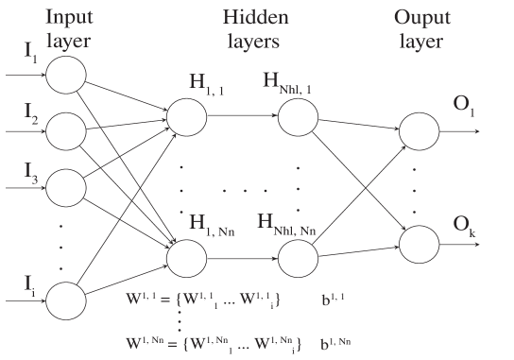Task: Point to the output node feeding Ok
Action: pyautogui.click(x=419, y=243)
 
